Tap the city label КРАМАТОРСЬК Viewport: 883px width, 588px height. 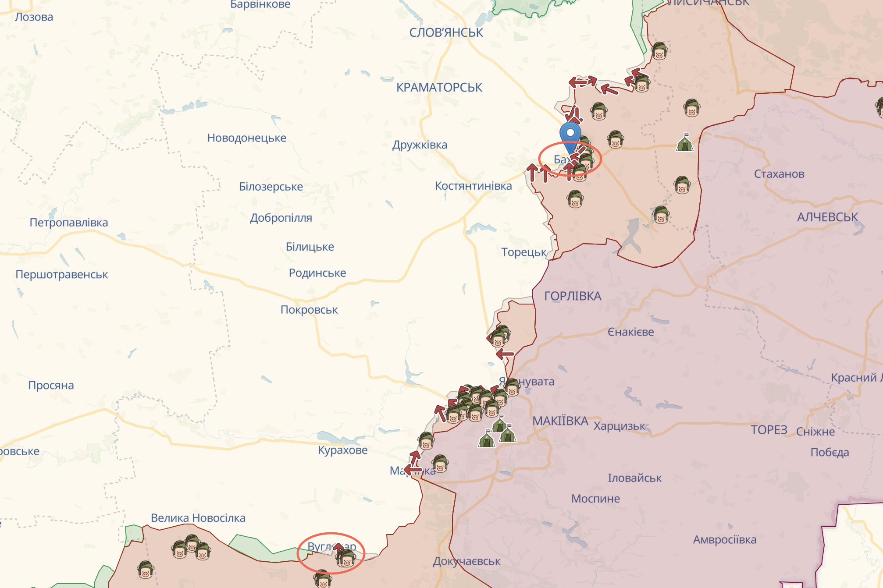[x=439, y=88]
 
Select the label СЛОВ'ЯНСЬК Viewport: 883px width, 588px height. [x=446, y=33]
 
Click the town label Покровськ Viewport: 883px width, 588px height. [x=309, y=310]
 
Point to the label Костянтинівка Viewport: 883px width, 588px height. [x=473, y=186]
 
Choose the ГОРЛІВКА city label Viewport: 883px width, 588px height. [x=573, y=296]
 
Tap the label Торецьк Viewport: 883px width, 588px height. [x=523, y=252]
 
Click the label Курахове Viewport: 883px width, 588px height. [x=342, y=450]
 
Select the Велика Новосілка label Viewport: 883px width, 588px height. [x=198, y=518]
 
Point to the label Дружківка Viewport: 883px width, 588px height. [x=420, y=145]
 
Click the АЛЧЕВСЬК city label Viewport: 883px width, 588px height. [x=827, y=217]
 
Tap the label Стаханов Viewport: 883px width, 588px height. [x=779, y=174]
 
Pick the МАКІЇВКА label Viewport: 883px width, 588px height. [x=560, y=421]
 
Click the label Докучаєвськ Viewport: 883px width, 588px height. [x=466, y=561]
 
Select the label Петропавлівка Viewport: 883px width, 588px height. [x=69, y=223]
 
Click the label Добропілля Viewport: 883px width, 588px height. [x=281, y=218]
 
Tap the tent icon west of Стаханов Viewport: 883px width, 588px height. [x=685, y=143]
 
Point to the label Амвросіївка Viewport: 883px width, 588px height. [x=724, y=540]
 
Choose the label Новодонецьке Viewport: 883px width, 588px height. [x=246, y=138]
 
